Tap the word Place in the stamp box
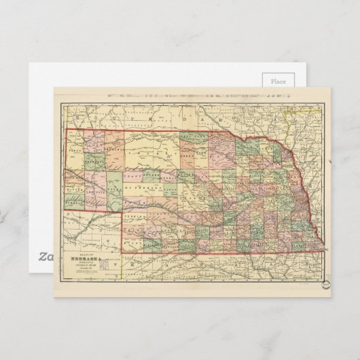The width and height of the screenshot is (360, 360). pyautogui.click(x=278, y=81)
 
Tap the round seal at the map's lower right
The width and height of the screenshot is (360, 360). pyautogui.click(x=326, y=284)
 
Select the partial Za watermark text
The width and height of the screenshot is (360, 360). pyautogui.click(x=45, y=256)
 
